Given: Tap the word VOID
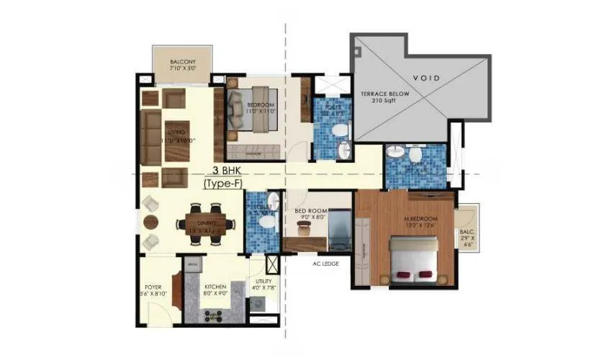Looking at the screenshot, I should (x=427, y=77).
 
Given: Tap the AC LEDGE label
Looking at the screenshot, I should (x=325, y=263).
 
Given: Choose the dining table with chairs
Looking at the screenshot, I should (x=208, y=222).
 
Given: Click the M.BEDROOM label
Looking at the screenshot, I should (x=403, y=221).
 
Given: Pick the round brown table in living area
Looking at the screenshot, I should (x=150, y=222).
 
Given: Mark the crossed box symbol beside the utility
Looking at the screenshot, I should (x=272, y=262).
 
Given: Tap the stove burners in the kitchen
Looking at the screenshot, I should (x=212, y=315).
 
